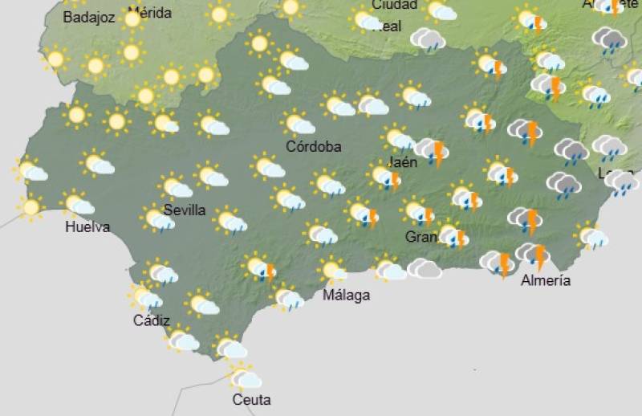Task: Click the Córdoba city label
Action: point(314,146)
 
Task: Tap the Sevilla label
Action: point(185,210)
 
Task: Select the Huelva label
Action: point(87,227)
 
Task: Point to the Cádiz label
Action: point(152,320)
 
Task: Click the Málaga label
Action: point(346,295)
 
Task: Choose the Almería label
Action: point(546,280)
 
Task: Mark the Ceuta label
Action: point(251,399)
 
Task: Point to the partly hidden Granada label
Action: point(421,237)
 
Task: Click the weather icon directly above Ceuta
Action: point(244,376)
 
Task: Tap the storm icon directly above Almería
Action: point(534,256)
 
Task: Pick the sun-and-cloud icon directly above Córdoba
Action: point(299,123)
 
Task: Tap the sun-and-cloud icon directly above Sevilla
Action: point(176,186)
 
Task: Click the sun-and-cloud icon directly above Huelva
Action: point(78,204)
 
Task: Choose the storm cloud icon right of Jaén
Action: point(433,150)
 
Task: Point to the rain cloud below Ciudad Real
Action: point(427,39)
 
